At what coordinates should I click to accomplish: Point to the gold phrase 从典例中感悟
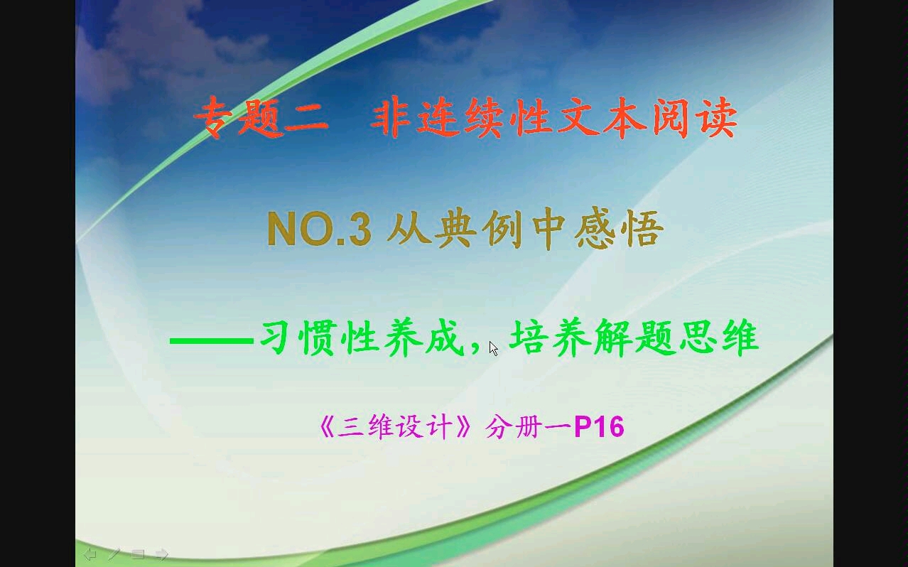(524, 229)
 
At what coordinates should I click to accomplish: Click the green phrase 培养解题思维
(634, 339)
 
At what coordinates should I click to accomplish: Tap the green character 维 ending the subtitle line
(739, 339)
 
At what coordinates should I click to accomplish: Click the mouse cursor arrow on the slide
(493, 347)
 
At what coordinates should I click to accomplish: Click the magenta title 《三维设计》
(396, 427)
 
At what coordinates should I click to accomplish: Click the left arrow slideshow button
(90, 553)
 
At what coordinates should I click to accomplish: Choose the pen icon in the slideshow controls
(114, 553)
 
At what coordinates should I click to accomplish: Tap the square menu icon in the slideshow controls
(138, 553)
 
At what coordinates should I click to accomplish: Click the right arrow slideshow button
(161, 553)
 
